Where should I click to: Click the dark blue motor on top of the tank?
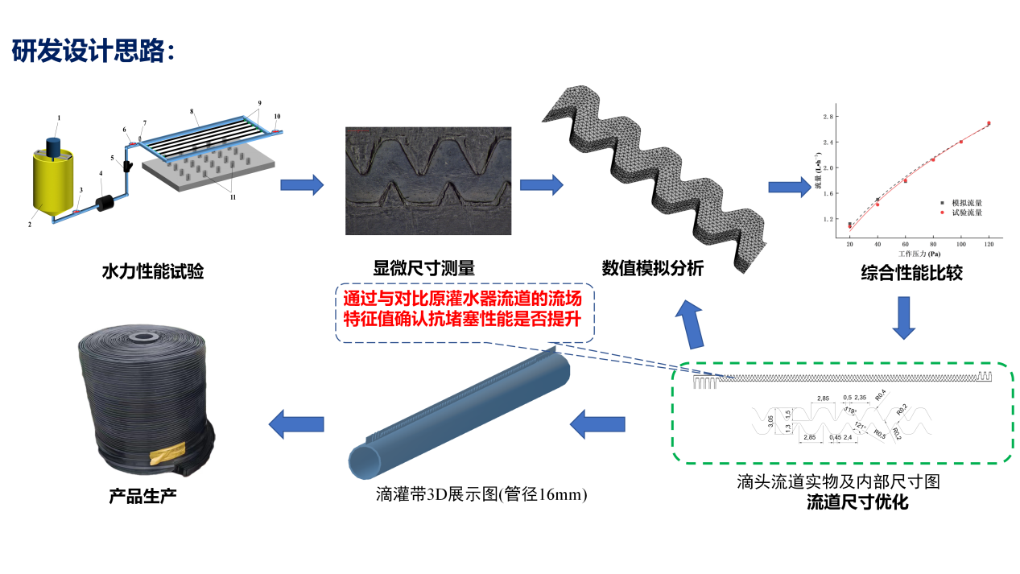click(x=56, y=146)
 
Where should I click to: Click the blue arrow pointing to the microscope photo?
click(x=301, y=186)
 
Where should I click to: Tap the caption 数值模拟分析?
click(x=652, y=268)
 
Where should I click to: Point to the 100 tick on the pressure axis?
click(x=960, y=242)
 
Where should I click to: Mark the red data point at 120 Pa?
click(x=989, y=123)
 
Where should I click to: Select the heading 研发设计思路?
click(x=93, y=52)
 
